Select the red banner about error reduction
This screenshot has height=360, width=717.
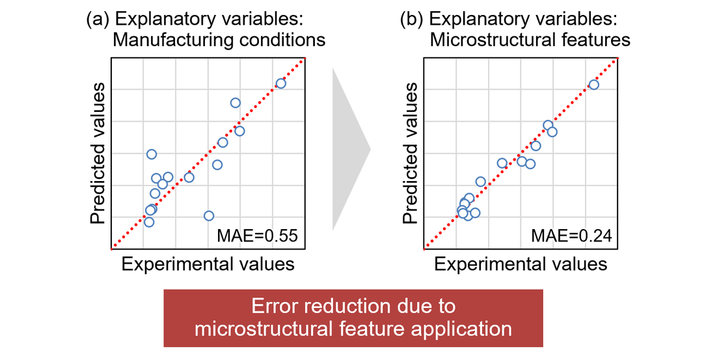point(353,318)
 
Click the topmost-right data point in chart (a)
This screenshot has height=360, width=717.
point(281,83)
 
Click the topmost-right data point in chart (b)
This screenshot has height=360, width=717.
point(593,85)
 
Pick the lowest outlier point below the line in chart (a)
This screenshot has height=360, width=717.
point(209,215)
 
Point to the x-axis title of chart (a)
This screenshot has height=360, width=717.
point(208,264)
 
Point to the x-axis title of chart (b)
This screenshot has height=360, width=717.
point(521,264)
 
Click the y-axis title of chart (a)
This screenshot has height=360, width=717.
point(98,154)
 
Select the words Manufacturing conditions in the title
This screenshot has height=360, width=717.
point(219,40)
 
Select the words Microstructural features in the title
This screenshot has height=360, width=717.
point(530,40)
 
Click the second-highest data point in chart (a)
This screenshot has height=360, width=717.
point(236,103)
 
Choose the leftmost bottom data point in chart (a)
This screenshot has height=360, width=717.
point(149,222)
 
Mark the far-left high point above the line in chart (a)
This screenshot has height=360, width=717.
point(152,154)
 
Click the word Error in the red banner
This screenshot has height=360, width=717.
point(273,307)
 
